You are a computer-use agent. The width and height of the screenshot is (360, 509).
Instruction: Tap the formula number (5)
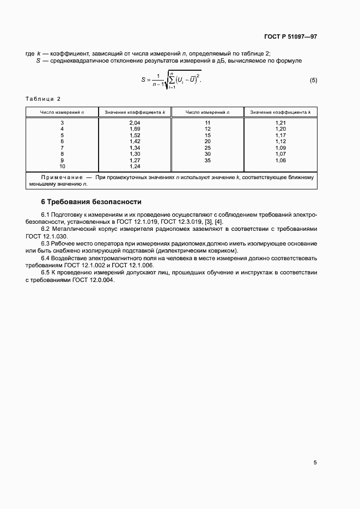click(x=313, y=81)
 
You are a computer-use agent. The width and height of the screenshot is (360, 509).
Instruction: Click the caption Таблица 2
click(x=43, y=99)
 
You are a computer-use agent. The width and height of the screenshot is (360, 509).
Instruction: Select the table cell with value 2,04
click(x=135, y=123)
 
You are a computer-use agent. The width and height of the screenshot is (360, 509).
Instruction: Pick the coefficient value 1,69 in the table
click(x=135, y=129)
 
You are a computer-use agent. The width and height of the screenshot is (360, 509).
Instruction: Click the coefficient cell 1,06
click(x=280, y=161)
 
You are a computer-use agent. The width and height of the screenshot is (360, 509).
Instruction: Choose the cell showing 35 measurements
click(x=208, y=161)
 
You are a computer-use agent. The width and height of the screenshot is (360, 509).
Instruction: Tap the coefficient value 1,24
click(x=135, y=167)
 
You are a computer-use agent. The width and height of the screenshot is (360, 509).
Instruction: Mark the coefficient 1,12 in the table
click(x=280, y=142)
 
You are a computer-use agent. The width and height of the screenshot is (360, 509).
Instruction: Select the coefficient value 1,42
click(x=135, y=142)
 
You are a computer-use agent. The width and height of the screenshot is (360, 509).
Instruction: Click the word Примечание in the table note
click(x=60, y=177)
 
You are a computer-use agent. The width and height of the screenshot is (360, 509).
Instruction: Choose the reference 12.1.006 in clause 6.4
click(x=141, y=265)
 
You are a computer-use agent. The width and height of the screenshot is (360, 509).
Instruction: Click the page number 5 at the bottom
click(x=315, y=463)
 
